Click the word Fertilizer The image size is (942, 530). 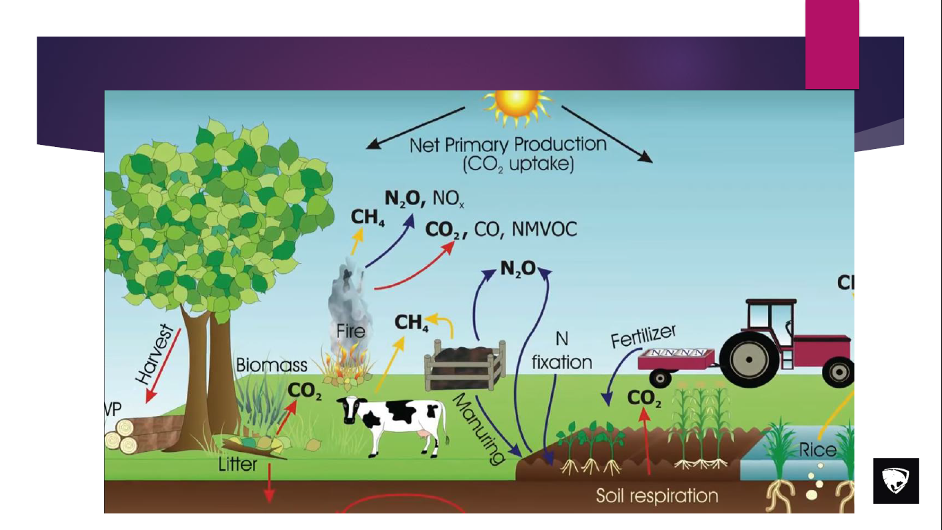tap(643, 336)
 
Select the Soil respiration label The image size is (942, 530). tap(657, 495)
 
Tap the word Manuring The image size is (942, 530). tap(479, 429)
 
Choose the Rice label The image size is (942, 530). tap(817, 451)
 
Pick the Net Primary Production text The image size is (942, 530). tap(508, 146)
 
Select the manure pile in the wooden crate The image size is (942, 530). tap(466, 354)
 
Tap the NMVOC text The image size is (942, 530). tap(543, 230)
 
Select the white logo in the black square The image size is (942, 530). tap(896, 480)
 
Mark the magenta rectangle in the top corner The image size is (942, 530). tap(832, 44)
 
